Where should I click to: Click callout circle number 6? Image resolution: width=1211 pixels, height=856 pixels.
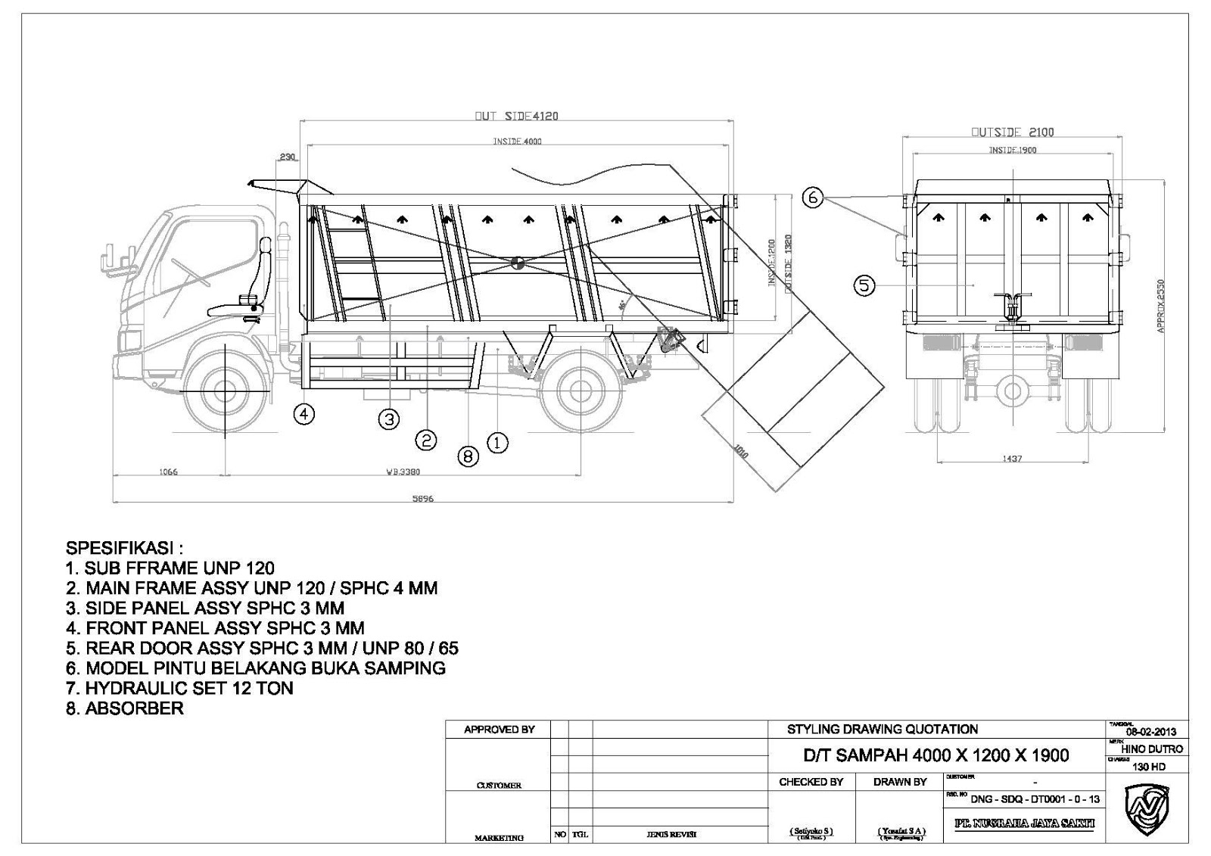coord(812,198)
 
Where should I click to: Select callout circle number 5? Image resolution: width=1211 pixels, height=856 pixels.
coord(864,285)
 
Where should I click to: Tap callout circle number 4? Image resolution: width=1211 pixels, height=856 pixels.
coord(304,413)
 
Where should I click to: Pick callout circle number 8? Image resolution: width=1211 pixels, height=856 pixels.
coord(469,456)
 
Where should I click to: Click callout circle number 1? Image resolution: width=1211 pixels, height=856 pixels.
coord(497,442)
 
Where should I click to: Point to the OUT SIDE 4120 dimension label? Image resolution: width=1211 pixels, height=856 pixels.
coord(516,117)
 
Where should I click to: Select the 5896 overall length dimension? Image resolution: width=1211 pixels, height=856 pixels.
coord(422,499)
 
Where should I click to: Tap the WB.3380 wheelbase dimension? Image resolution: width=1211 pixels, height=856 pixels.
coord(403,472)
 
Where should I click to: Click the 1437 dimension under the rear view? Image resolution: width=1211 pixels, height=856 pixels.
coord(1012,459)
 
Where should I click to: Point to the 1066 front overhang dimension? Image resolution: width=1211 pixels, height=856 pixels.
coord(167,472)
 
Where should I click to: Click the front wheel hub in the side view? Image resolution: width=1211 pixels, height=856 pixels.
coord(225,391)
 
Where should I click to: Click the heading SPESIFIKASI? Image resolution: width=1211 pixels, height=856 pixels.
coord(125,547)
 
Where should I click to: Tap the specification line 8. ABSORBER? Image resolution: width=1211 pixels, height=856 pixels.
coord(125,708)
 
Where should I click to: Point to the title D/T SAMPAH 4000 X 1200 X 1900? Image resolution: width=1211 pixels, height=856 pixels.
coord(935,755)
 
